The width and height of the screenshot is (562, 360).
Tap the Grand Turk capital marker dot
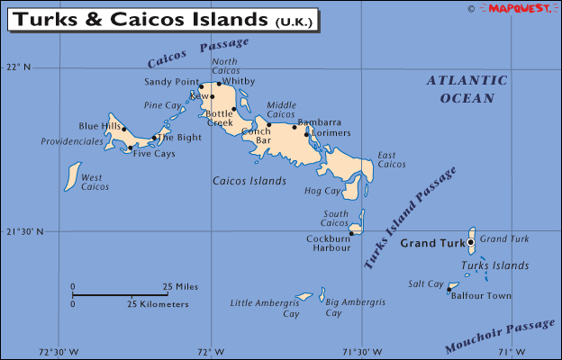tap(470, 242)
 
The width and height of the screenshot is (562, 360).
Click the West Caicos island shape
tap(72, 176)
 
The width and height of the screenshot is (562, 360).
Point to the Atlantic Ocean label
tap(467, 89)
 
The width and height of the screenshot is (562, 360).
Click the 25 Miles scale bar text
tap(180, 286)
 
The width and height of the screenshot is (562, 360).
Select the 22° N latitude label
tap(18, 67)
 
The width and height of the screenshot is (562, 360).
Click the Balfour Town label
tap(481, 295)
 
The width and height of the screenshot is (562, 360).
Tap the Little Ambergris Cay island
tap(304, 296)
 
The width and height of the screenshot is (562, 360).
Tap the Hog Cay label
tap(323, 191)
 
